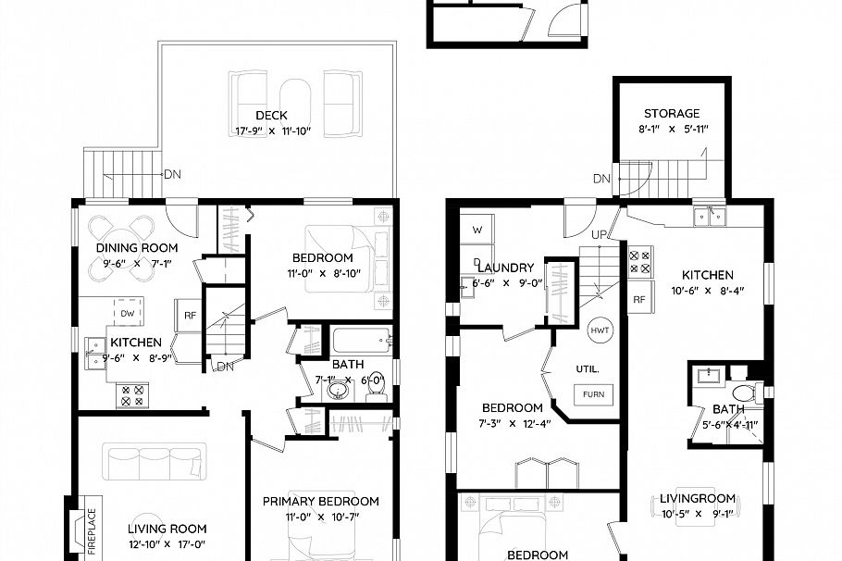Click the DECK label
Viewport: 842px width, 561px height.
(x=271, y=116)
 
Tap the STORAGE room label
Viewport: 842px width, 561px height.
(x=672, y=113)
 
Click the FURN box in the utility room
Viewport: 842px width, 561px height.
(x=592, y=394)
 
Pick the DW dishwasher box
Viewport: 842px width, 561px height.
(x=129, y=314)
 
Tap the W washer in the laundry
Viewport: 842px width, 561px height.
(x=477, y=229)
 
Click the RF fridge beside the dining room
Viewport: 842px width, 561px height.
(x=190, y=316)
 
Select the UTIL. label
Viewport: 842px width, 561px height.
(x=588, y=368)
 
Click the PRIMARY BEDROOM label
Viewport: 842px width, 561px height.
(x=320, y=501)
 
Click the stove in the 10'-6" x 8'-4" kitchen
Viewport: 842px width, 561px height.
(x=640, y=260)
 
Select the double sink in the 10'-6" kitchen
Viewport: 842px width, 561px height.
(x=710, y=218)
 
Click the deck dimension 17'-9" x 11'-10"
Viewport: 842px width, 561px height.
(x=271, y=131)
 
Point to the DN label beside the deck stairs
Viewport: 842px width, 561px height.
(x=172, y=173)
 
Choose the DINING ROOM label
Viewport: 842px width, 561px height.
(x=136, y=247)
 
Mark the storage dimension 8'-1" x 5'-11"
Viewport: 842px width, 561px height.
(x=675, y=129)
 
